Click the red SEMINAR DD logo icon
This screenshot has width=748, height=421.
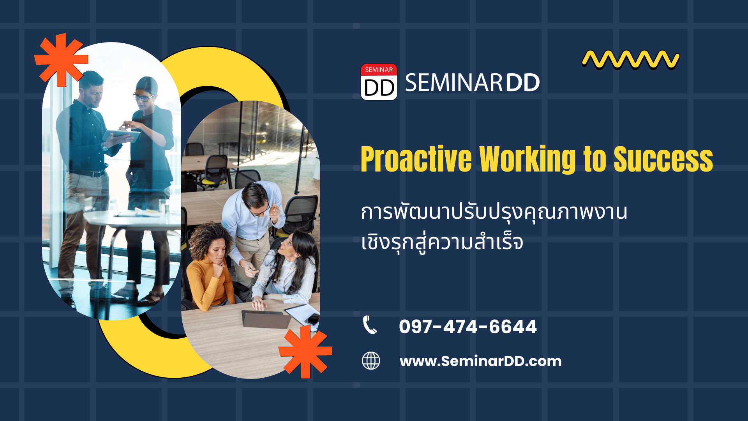(x=379, y=82)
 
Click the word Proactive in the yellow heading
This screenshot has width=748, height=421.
(x=416, y=159)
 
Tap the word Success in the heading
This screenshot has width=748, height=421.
(x=663, y=159)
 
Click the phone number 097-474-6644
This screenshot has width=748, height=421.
(x=468, y=327)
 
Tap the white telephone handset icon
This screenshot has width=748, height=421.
(x=370, y=325)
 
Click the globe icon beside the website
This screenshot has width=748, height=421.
(x=371, y=361)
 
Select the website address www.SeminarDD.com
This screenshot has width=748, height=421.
(x=480, y=361)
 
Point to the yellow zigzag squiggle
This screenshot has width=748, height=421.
(x=631, y=60)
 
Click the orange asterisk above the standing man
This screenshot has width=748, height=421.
(x=61, y=60)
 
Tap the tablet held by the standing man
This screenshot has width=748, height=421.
(x=121, y=135)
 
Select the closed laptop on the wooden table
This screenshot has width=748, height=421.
(x=266, y=319)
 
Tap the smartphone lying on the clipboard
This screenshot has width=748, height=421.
(x=312, y=319)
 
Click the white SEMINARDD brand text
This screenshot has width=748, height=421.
(x=472, y=83)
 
